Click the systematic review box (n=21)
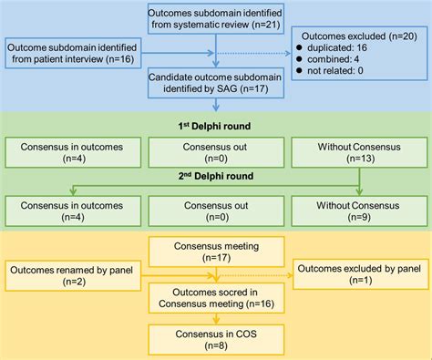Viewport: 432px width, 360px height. [216, 20]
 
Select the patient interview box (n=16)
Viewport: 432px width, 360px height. [73, 53]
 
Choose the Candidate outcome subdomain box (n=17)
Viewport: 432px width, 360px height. [216, 86]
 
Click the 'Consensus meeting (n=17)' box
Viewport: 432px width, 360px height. [216, 250]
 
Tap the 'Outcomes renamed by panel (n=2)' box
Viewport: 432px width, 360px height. [73, 276]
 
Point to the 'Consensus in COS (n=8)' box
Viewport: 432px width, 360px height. [216, 340]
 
